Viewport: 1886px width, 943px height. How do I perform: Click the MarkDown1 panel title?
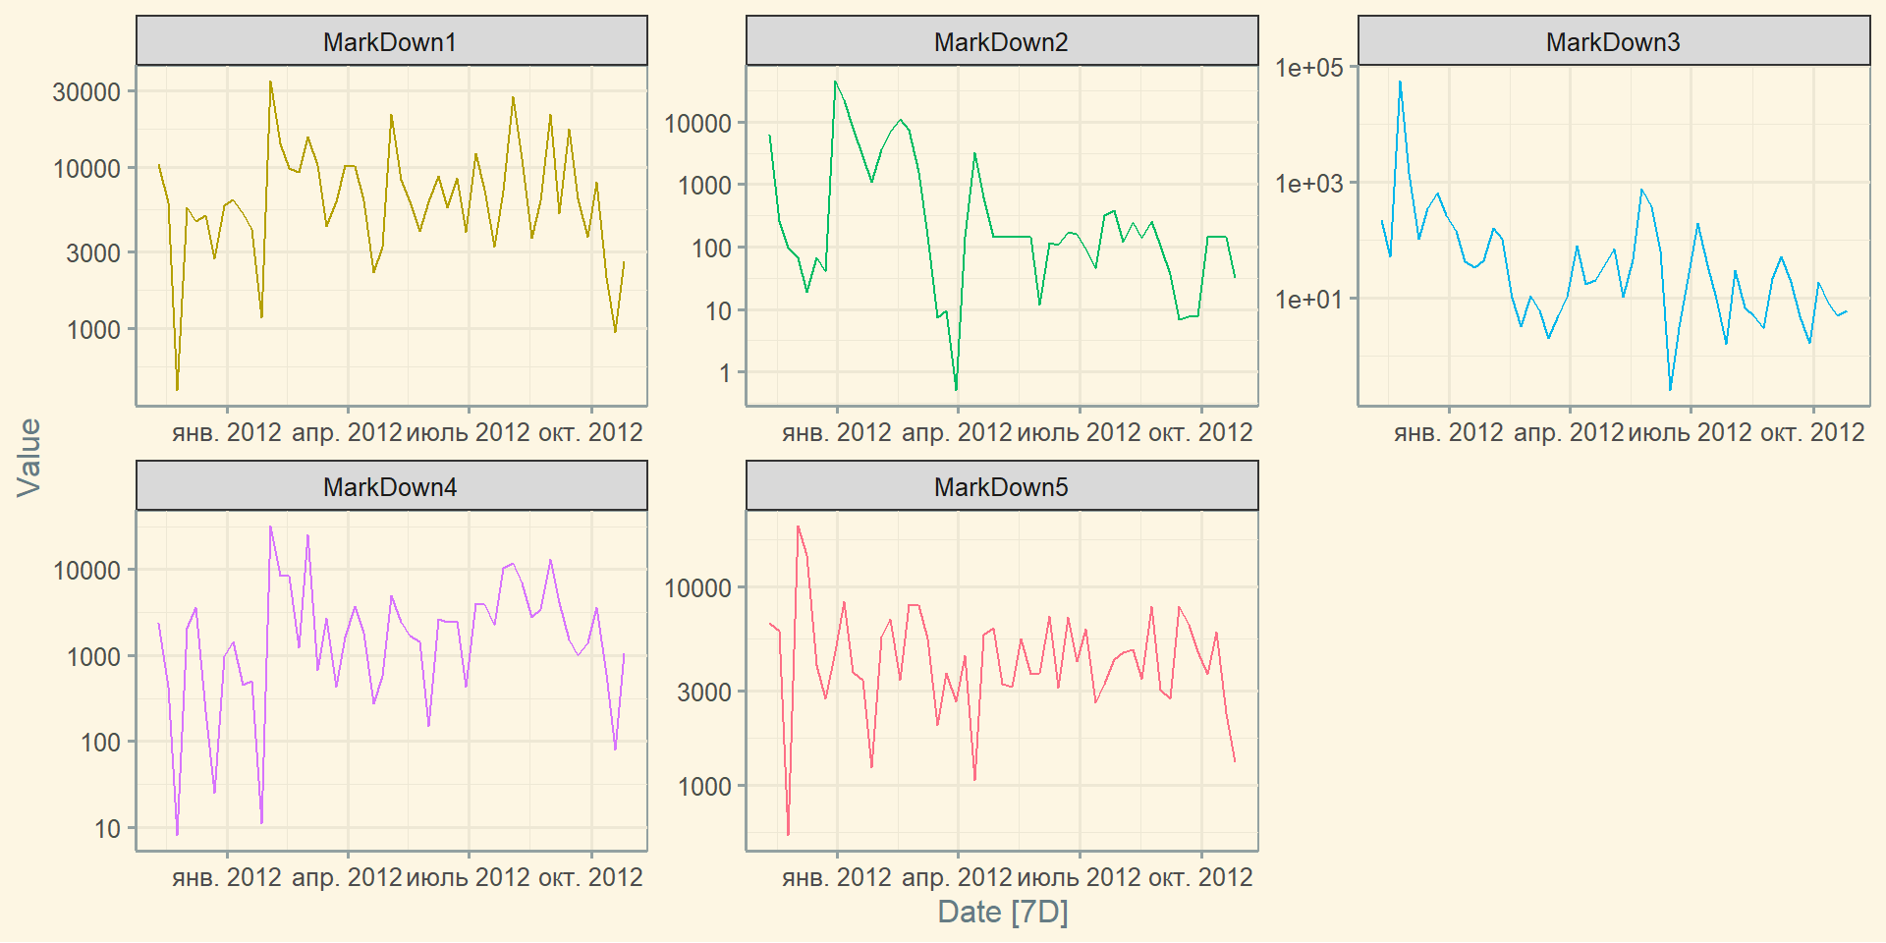[390, 42]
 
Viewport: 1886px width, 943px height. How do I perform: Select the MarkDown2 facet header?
[1001, 42]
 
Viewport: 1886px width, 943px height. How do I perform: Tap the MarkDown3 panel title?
[1613, 42]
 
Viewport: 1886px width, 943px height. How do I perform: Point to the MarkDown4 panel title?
[390, 487]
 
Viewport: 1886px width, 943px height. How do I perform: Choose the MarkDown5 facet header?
[1001, 487]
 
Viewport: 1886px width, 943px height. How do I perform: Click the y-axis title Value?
[29, 457]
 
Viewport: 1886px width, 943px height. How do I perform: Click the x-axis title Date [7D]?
[1002, 912]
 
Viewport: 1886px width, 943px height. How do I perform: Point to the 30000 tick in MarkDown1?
[86, 91]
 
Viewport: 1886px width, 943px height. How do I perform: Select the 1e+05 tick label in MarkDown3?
[1308, 67]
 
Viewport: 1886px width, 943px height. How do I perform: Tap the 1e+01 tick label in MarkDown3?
[1308, 299]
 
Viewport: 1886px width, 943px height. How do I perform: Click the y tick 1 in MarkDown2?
[725, 373]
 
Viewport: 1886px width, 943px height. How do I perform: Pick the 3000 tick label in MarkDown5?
[703, 692]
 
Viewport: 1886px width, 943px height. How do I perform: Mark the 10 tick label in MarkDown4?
[107, 829]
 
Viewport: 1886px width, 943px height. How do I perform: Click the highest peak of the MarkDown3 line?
[1400, 82]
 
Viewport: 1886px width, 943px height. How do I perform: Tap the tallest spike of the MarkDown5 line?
[798, 527]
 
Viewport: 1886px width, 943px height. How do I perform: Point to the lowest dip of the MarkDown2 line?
[956, 390]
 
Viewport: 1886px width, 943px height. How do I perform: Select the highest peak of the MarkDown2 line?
[835, 82]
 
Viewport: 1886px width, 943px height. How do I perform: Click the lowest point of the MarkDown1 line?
[177, 390]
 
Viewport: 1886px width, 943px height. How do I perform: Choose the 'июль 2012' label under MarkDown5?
[1079, 877]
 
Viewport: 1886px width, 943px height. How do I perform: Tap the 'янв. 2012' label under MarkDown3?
[1448, 432]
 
